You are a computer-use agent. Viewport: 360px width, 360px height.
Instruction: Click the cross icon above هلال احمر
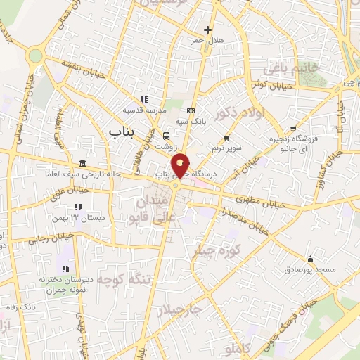(x=207, y=30)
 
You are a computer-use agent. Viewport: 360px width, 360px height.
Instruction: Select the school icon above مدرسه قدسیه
(x=143, y=99)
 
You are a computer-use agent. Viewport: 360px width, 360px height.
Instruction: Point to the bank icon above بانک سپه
(x=191, y=110)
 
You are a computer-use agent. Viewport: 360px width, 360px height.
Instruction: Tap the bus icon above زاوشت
(x=167, y=136)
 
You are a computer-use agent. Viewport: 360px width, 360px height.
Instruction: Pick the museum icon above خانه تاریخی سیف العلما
(x=83, y=164)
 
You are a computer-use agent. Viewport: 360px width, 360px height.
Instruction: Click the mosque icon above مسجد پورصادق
(x=310, y=258)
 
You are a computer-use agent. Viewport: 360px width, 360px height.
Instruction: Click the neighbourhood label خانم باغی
(x=290, y=68)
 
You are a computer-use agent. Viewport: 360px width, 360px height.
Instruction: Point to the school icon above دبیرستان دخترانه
(x=65, y=268)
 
